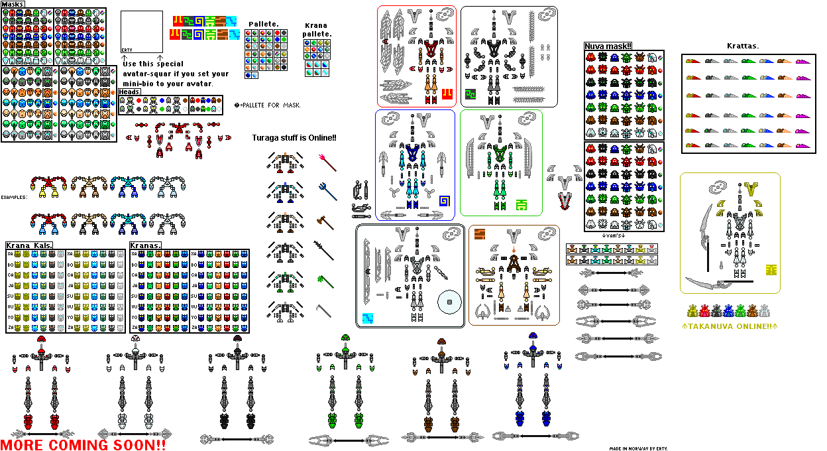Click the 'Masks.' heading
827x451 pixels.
coord(14,4)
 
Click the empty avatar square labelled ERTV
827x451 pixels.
coord(142,32)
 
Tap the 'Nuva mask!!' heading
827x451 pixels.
coord(608,46)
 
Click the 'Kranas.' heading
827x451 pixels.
coord(145,245)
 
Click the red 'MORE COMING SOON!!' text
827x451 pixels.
coord(83,444)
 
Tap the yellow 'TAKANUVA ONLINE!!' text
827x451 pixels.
coord(728,326)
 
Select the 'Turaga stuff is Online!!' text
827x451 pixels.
coord(294,138)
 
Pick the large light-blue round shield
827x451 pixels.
coord(450,302)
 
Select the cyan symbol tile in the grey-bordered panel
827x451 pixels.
coord(368,318)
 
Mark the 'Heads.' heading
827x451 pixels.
coord(130,92)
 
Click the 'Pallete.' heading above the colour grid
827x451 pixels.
coord(263,25)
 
